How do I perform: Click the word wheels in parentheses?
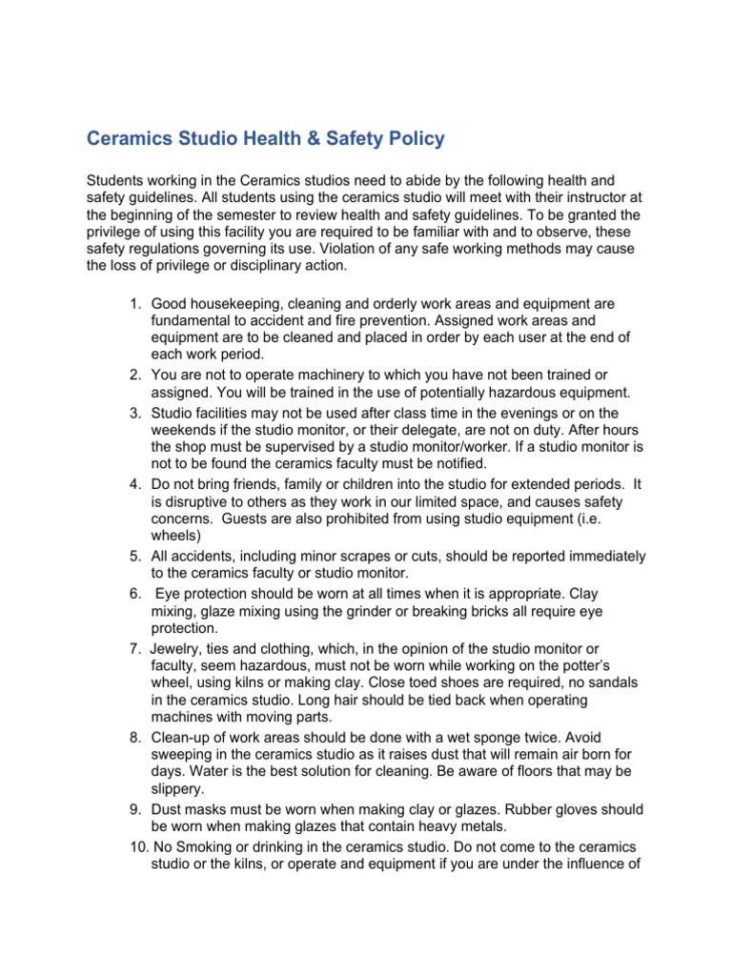173,536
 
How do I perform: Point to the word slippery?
177,787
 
